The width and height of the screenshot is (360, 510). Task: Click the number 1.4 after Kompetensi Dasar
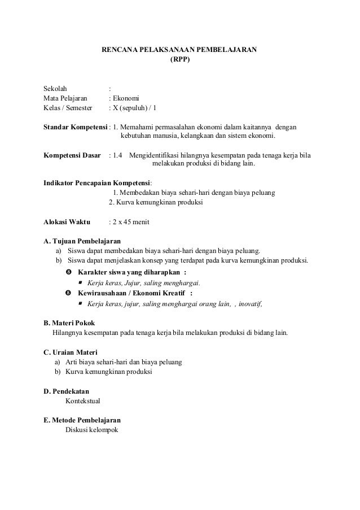(117, 155)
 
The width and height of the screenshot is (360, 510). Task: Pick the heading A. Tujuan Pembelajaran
(78, 241)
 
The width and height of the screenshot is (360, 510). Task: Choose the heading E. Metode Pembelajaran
(82, 420)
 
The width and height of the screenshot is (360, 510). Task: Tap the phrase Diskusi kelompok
(91, 430)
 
